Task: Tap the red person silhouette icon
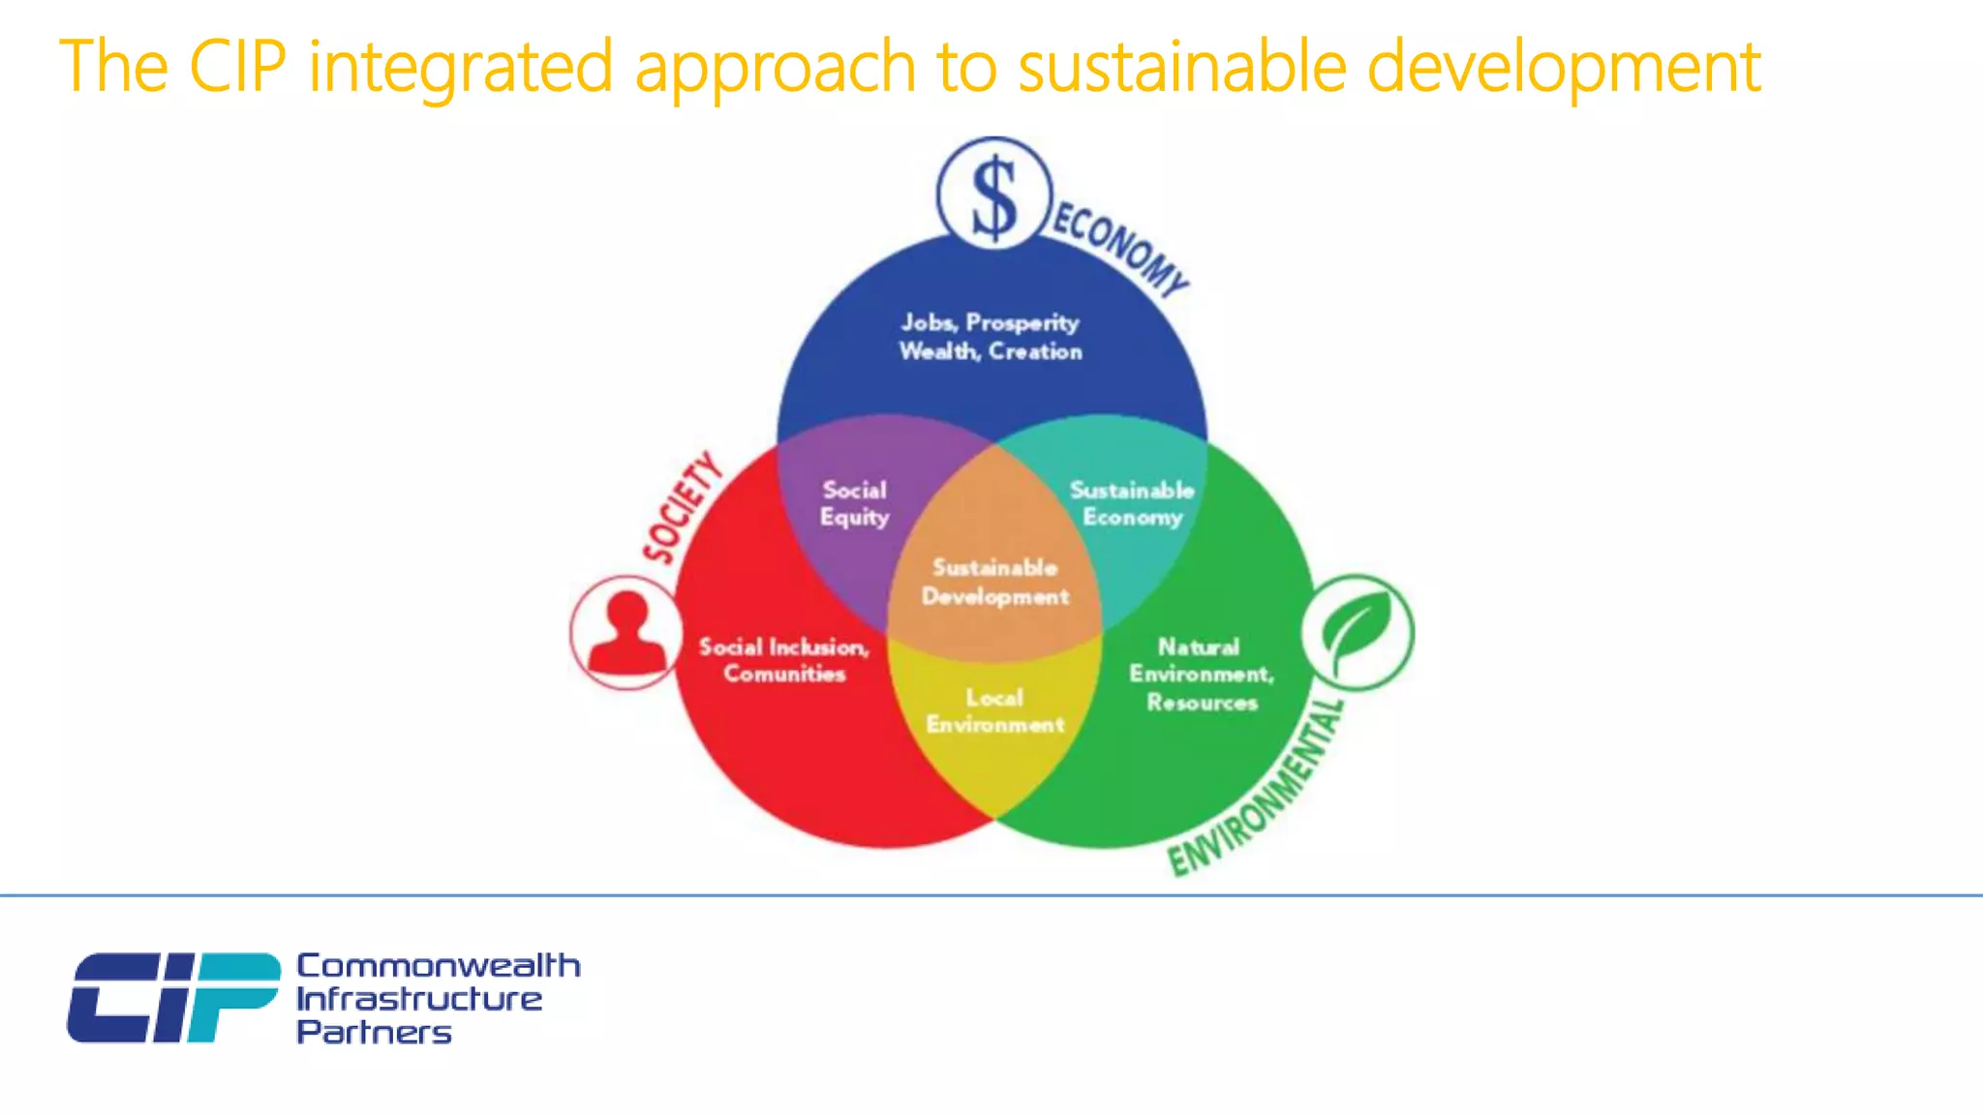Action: click(626, 632)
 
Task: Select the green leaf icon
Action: click(1357, 632)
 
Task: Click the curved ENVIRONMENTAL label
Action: click(1257, 789)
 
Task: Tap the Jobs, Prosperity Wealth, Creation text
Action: click(990, 337)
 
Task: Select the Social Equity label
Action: click(854, 503)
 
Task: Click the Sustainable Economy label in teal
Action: click(1132, 503)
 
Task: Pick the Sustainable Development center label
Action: click(994, 582)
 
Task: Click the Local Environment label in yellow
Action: click(994, 711)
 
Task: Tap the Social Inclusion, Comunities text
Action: click(784, 660)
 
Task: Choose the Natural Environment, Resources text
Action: click(1201, 674)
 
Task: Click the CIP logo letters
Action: click(173, 997)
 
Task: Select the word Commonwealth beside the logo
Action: click(438, 965)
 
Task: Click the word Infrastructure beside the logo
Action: click(419, 999)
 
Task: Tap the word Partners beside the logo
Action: click(374, 1032)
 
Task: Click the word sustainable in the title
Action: click(1182, 68)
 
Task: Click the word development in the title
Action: click(1563, 68)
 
